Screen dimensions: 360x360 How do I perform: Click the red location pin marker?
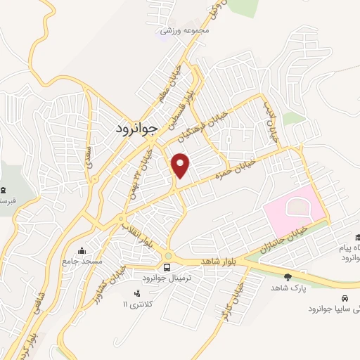click(181, 165)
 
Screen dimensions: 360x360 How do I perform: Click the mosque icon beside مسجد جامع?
click(84, 250)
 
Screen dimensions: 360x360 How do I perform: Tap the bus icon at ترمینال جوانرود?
click(167, 267)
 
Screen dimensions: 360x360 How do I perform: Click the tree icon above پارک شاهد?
click(288, 277)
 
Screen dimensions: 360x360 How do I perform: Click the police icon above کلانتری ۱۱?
click(137, 293)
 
